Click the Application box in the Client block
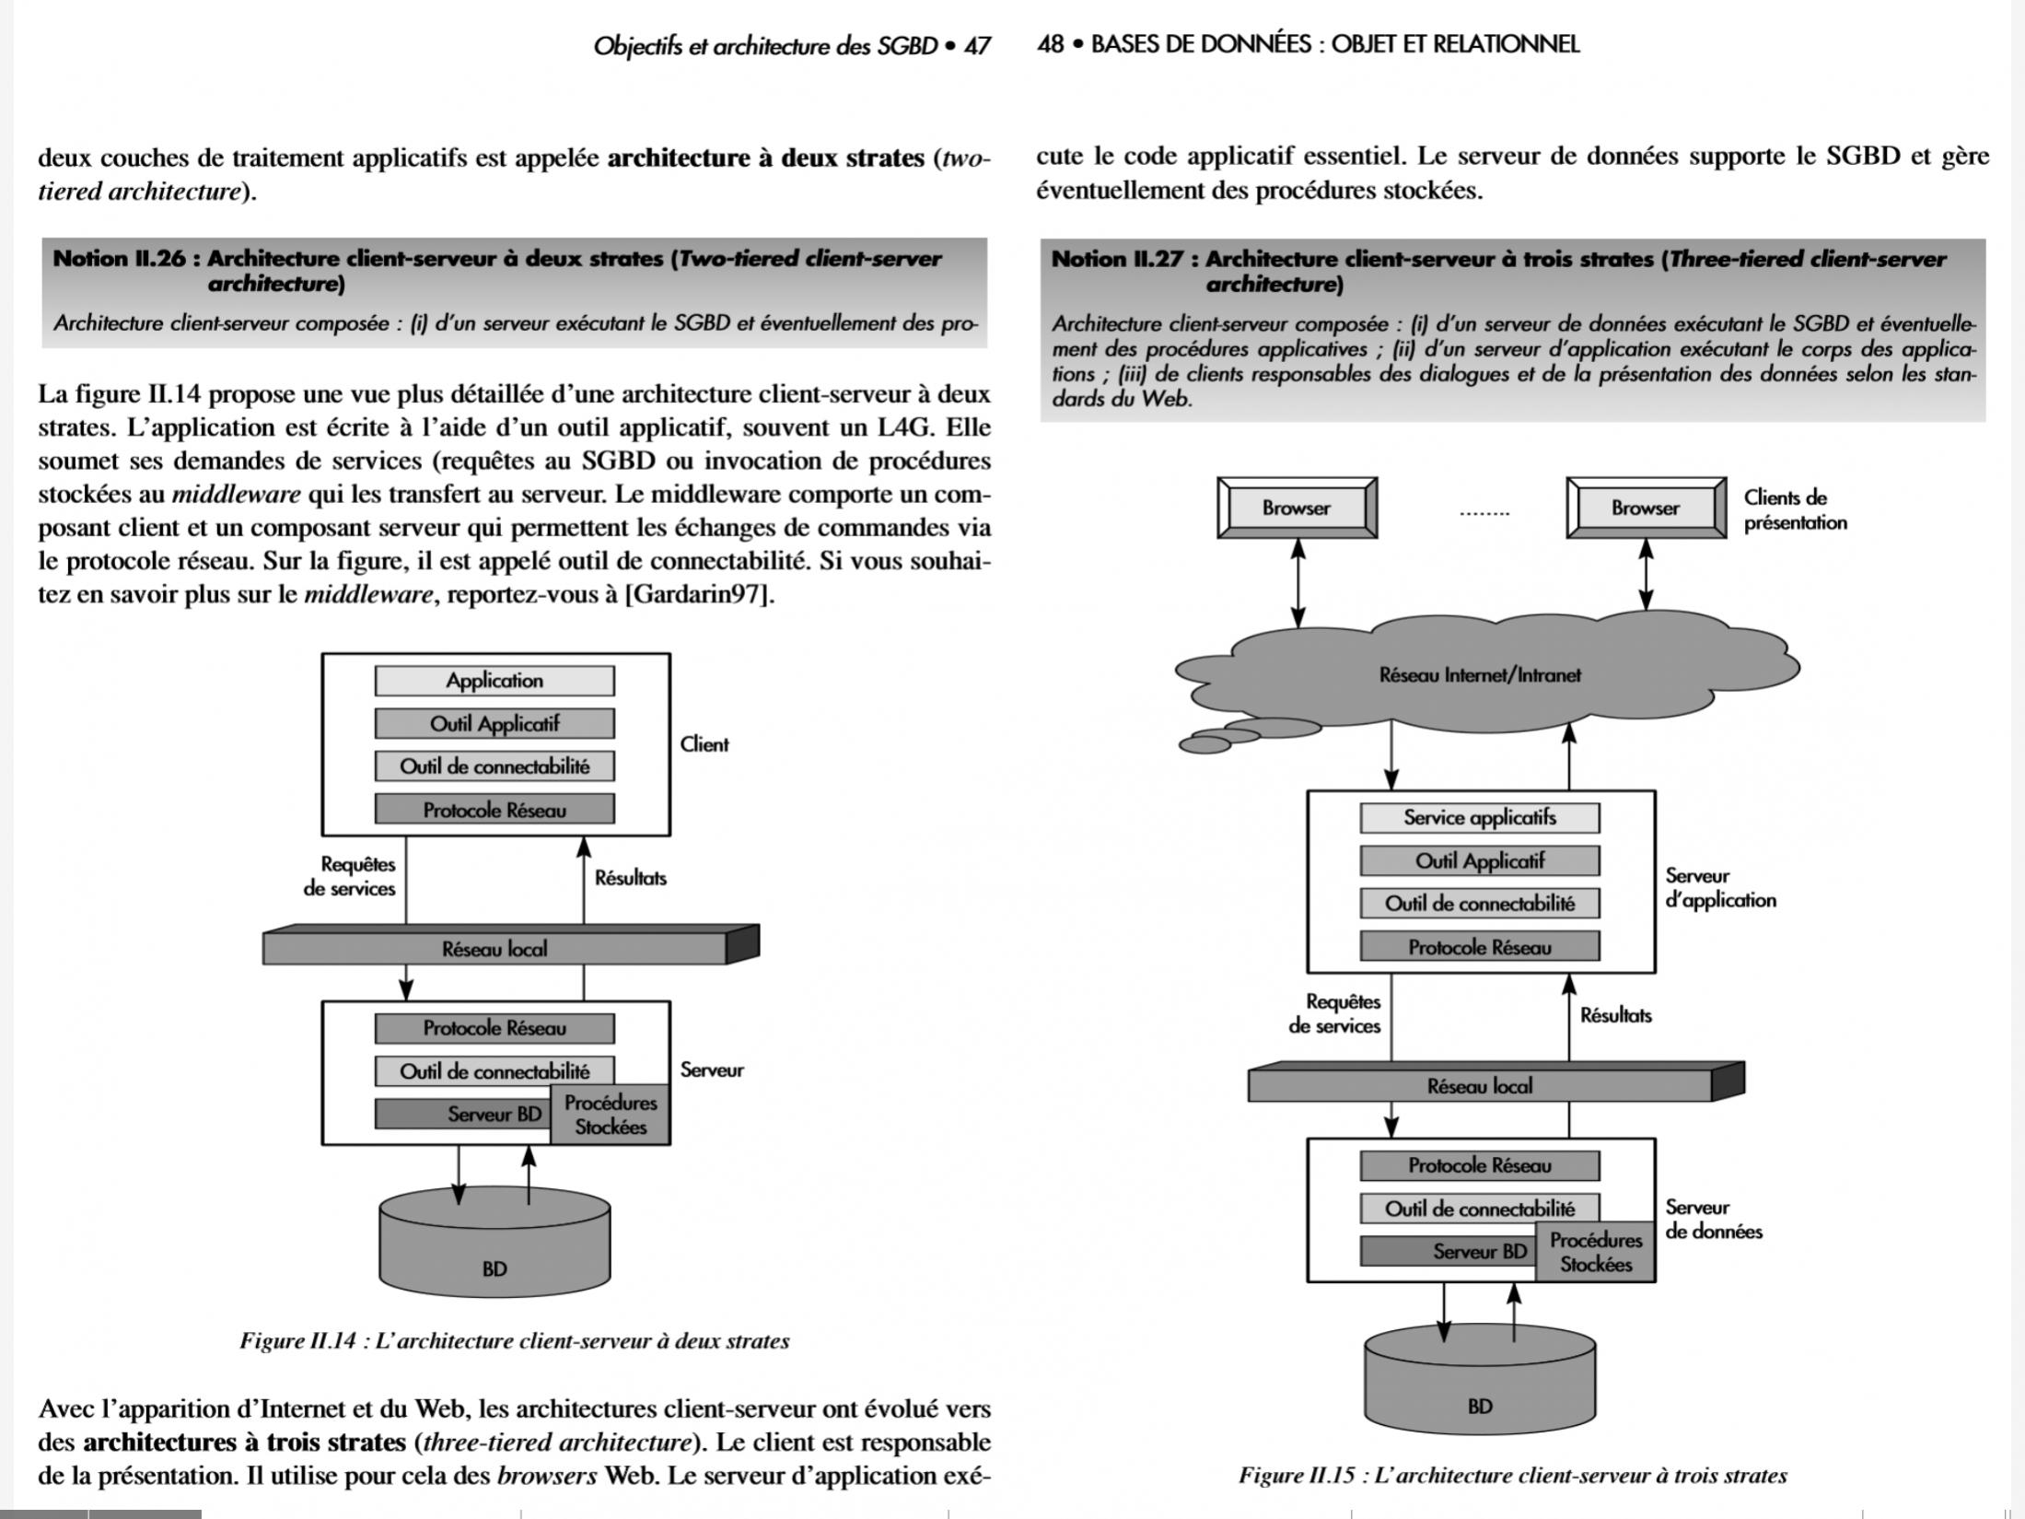pyautogui.click(x=495, y=681)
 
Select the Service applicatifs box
pyautogui.click(x=1479, y=818)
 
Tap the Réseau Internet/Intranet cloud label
pyautogui.click(x=1479, y=675)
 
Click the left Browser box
pyautogui.click(x=1297, y=508)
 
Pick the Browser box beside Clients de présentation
pyautogui.click(x=1645, y=508)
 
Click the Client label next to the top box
pyautogui.click(x=704, y=744)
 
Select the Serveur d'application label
pyautogui.click(x=1720, y=888)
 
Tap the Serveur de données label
pyautogui.click(x=1713, y=1220)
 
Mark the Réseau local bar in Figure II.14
pyautogui.click(x=495, y=949)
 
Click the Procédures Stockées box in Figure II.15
pyautogui.click(x=1595, y=1253)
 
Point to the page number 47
pyautogui.click(x=976, y=46)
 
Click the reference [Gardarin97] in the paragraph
pyautogui.click(x=699, y=595)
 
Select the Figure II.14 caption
pyautogui.click(x=514, y=1341)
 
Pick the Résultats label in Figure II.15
pyautogui.click(x=1615, y=1016)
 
